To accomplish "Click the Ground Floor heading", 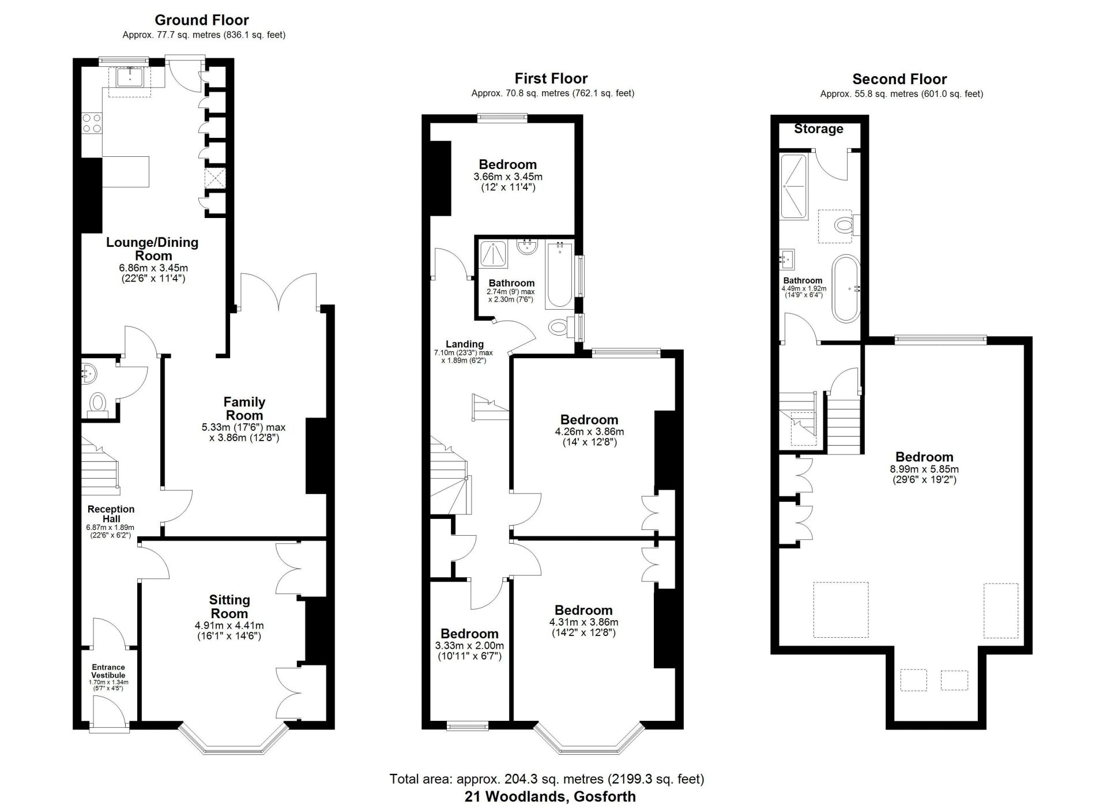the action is point(202,20).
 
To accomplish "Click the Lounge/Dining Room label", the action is point(152,249).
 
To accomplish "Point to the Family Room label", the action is point(244,409).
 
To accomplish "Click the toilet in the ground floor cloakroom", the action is point(99,404).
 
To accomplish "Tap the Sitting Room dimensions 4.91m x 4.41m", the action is point(229,626).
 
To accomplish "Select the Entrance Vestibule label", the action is point(108,671).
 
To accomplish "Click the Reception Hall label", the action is point(111,514).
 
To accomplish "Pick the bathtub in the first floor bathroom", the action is point(559,276).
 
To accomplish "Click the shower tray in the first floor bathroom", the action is point(494,254).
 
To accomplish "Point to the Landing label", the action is point(465,344).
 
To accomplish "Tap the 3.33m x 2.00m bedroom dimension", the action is point(469,646).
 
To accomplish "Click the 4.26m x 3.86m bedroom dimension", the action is point(589,432).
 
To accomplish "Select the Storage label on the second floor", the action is point(819,129).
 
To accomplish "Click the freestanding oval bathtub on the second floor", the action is point(846,288).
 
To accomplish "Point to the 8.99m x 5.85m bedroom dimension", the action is point(924,469).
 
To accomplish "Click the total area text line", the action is point(547,779).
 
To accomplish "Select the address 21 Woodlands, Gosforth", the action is point(550,797).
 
